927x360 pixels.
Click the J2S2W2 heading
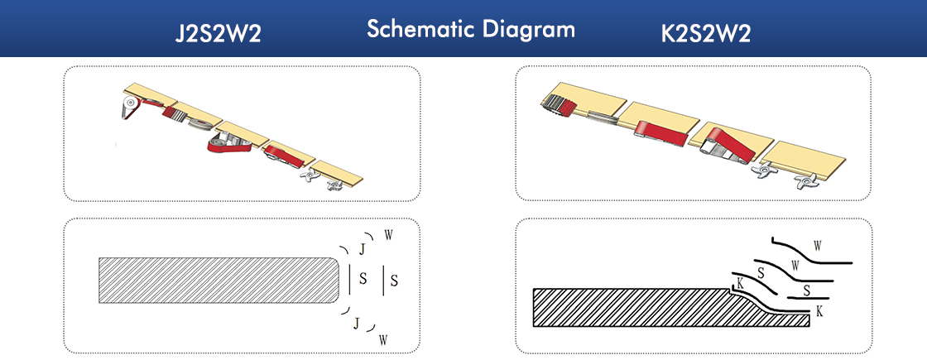coord(219,34)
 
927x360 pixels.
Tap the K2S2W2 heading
coord(706,34)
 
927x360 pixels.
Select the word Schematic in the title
coord(421,28)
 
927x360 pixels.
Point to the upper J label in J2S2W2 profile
coord(363,250)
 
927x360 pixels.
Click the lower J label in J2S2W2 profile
coord(356,323)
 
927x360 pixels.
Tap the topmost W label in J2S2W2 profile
coord(388,234)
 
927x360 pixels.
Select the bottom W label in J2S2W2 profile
coord(383,339)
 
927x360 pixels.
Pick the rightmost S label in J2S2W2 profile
coord(394,281)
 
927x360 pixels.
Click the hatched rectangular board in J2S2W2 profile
coord(219,281)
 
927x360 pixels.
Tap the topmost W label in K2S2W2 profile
coord(818,244)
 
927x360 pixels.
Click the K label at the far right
coord(819,311)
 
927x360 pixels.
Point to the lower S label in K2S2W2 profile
coord(807,290)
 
